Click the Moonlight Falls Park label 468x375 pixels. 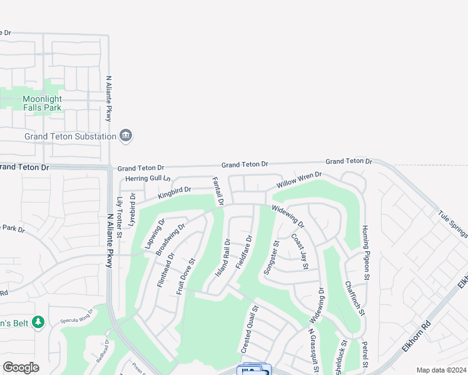tap(43, 103)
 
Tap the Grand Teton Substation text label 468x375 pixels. tap(70, 136)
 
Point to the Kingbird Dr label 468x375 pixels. tap(174, 192)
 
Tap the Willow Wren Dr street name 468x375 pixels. tap(299, 181)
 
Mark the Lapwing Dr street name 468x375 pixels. tap(155, 234)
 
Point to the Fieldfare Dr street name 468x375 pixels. tap(244, 252)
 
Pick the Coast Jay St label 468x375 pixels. tap(300, 252)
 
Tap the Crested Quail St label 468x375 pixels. tap(249, 328)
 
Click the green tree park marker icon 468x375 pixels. tap(38, 322)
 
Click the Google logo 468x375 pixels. tap(21, 367)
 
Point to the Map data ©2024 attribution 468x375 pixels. tap(440, 370)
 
